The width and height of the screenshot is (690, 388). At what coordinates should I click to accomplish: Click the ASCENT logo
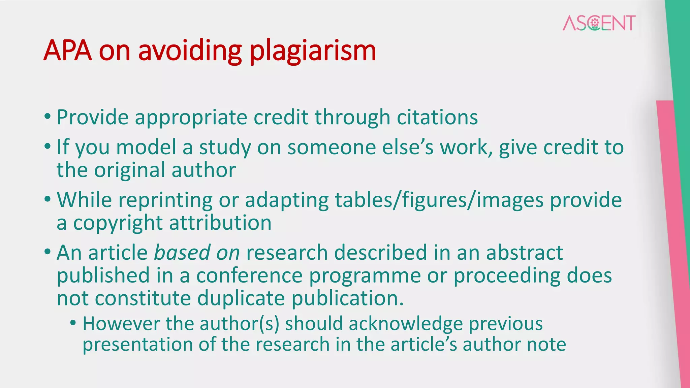(x=599, y=23)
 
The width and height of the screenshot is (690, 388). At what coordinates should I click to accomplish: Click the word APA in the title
(x=67, y=51)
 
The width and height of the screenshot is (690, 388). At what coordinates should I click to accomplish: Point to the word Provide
(x=93, y=117)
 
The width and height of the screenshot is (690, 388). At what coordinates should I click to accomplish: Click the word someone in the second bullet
(x=332, y=148)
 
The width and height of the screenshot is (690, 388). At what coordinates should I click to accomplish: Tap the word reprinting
(x=165, y=200)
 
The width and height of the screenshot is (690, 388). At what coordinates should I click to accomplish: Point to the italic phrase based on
(x=197, y=253)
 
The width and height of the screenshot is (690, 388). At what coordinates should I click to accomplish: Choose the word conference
(x=249, y=276)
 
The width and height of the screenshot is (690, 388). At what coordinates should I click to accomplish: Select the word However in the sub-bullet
(x=121, y=324)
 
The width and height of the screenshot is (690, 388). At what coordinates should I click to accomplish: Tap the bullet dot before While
(x=48, y=199)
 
